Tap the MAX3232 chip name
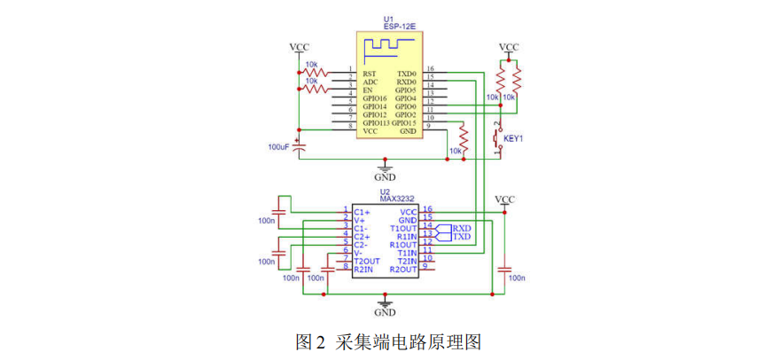point(397,200)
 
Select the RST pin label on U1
point(370,73)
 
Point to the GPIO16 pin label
point(375,98)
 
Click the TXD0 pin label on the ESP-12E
point(407,73)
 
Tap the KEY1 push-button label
point(514,139)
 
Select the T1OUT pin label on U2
point(403,228)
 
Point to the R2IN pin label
point(364,269)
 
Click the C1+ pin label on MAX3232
point(362,212)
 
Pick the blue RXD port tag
point(461,228)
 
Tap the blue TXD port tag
point(461,237)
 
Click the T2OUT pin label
point(367,261)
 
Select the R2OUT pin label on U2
point(403,269)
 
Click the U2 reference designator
point(385,192)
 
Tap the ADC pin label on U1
point(370,82)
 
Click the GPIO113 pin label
point(377,123)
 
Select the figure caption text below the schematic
point(388,340)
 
